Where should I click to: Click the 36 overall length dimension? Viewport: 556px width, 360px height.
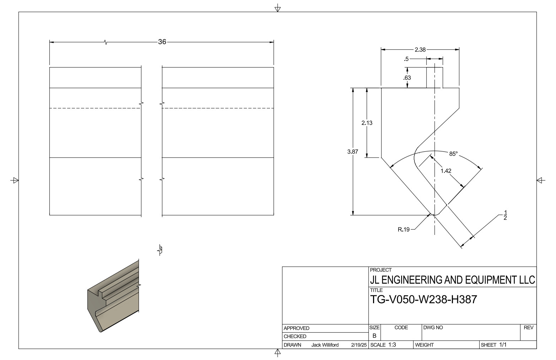[x=162, y=42]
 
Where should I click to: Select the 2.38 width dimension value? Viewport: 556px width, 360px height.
[x=420, y=50]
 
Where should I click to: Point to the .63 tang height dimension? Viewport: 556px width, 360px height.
[x=407, y=78]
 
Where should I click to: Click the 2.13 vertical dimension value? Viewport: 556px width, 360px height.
[x=367, y=123]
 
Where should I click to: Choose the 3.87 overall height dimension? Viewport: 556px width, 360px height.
[x=352, y=152]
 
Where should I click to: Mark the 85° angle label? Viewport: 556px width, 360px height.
[x=453, y=154]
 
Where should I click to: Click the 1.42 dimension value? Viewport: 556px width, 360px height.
[x=446, y=171]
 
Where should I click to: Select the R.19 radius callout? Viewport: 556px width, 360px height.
[x=403, y=230]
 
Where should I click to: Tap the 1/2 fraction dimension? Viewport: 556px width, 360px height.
[x=505, y=215]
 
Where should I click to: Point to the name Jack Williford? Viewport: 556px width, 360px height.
[x=325, y=345]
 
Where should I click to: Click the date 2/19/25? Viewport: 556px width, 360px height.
[x=358, y=345]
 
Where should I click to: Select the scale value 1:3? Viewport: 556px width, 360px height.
[x=392, y=345]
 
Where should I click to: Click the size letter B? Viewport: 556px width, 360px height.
[x=374, y=335]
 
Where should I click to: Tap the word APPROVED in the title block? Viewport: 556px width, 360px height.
[x=296, y=328]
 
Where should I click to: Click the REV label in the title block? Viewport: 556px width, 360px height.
[x=528, y=328]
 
